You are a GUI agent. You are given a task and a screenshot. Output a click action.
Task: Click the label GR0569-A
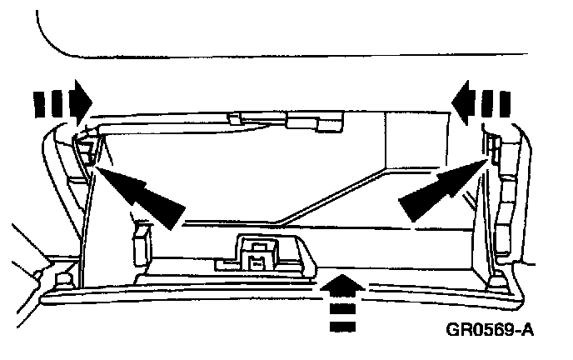pyautogui.click(x=488, y=329)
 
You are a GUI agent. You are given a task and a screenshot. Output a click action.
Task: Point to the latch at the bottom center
pyautogui.click(x=258, y=251)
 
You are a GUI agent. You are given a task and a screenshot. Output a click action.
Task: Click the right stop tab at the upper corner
pyautogui.click(x=493, y=151)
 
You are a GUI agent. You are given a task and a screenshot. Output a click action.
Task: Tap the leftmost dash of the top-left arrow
pyautogui.click(x=37, y=101)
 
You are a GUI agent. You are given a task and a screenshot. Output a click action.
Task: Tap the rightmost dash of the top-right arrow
pyautogui.click(x=506, y=101)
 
